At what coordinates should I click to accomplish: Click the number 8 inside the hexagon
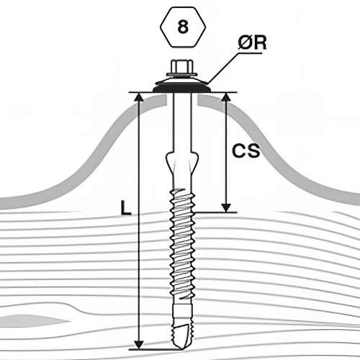(x=183, y=27)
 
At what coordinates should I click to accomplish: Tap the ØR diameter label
(x=252, y=43)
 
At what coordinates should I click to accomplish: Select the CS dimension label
(x=246, y=150)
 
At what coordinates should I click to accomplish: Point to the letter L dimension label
(x=126, y=207)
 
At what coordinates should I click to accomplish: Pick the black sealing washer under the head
(x=182, y=88)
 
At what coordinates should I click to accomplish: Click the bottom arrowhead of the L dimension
(x=138, y=343)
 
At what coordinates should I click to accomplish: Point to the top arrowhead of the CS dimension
(x=226, y=98)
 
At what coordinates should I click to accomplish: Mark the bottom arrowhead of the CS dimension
(x=226, y=207)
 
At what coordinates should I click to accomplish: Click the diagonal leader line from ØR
(x=223, y=68)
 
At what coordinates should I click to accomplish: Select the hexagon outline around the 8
(x=183, y=7)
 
